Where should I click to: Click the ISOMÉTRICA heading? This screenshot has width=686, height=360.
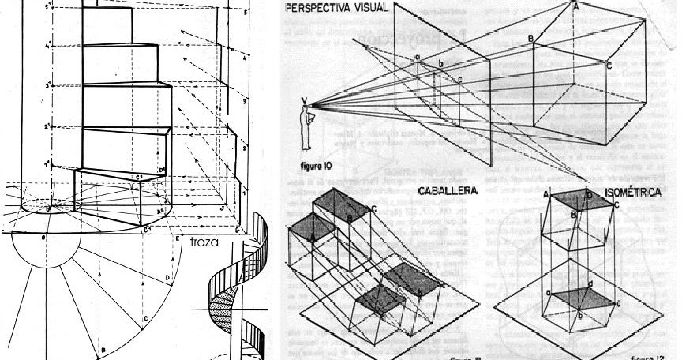633,192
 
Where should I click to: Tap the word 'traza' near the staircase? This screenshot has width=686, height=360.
204,242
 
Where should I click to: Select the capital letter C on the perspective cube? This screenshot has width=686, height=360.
609,66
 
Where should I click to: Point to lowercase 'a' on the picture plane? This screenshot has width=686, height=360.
418,57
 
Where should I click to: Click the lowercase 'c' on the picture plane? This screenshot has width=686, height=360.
459,79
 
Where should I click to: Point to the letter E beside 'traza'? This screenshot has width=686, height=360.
178,238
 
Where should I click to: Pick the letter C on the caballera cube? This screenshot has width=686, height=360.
373,208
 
